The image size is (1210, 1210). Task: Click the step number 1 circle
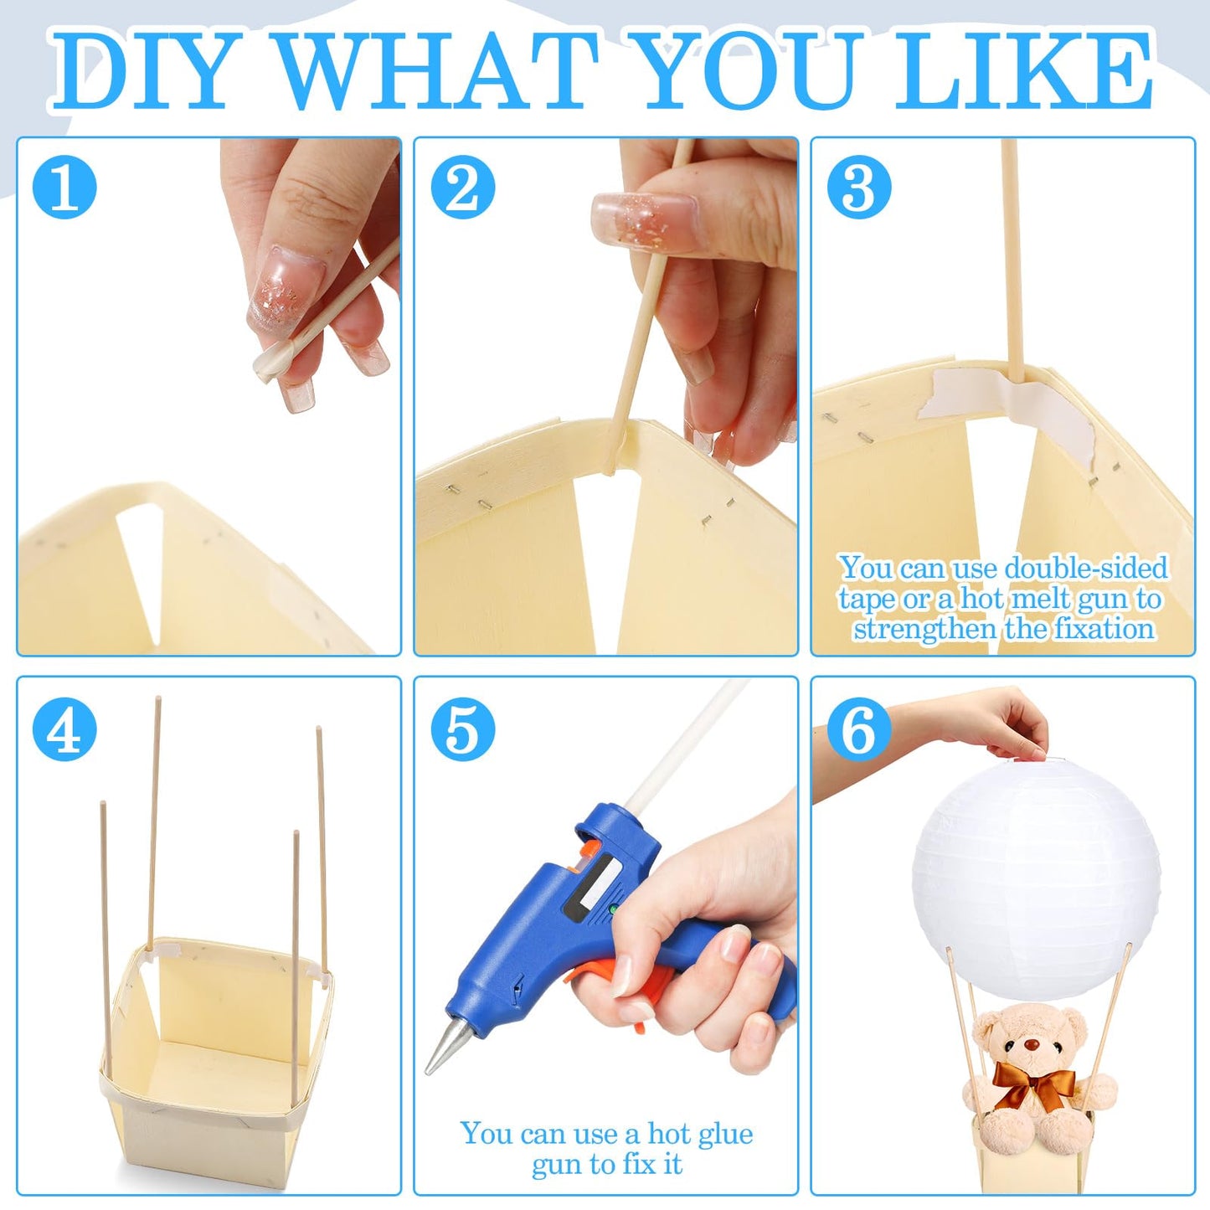pos(64,187)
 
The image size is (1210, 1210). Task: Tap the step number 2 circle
pos(463,187)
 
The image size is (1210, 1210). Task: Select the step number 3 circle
pos(859,187)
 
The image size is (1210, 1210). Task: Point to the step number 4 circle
pos(64,729)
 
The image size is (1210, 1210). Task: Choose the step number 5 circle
pos(463,729)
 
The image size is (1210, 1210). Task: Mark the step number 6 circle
pos(859,729)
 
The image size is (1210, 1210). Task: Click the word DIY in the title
pos(139,71)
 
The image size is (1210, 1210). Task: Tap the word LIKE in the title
pos(1023,71)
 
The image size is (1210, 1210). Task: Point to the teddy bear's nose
pos(1030,1045)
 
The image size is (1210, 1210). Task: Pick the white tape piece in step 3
pos(1008,414)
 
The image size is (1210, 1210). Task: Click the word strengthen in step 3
pos(925,629)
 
